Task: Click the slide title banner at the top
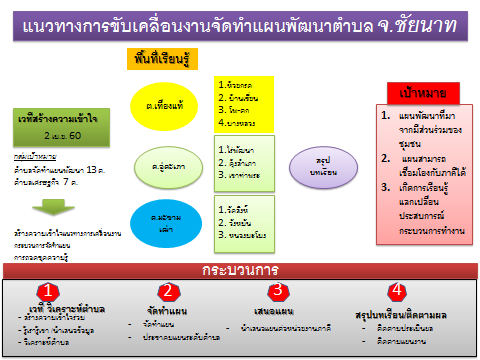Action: coord(239,21)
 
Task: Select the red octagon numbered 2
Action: coord(170,291)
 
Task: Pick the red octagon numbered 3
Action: coord(278,291)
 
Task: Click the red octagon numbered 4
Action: coord(398,291)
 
